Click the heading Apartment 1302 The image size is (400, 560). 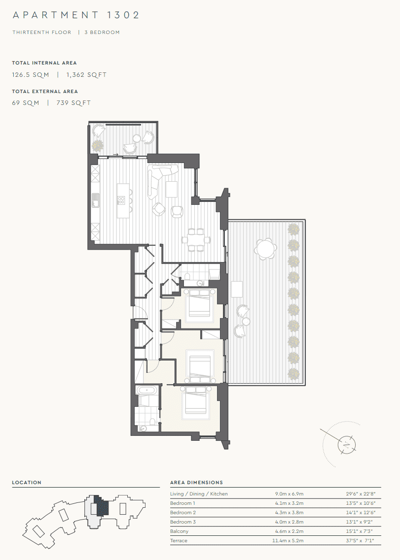(76, 15)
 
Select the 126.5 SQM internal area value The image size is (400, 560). (31, 75)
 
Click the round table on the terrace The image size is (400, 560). (265, 249)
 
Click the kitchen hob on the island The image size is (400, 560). (121, 200)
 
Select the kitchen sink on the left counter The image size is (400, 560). (95, 199)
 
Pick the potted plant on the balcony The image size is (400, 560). (98, 145)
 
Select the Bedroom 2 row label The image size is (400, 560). (182, 513)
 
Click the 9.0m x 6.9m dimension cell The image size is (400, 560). (289, 494)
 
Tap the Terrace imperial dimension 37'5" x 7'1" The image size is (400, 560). (360, 541)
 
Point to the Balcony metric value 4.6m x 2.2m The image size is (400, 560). (289, 531)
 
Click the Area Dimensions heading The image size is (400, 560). (196, 483)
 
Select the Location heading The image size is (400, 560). (27, 483)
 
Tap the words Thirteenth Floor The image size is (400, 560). (42, 33)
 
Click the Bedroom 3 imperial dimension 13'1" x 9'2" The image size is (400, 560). (360, 522)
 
